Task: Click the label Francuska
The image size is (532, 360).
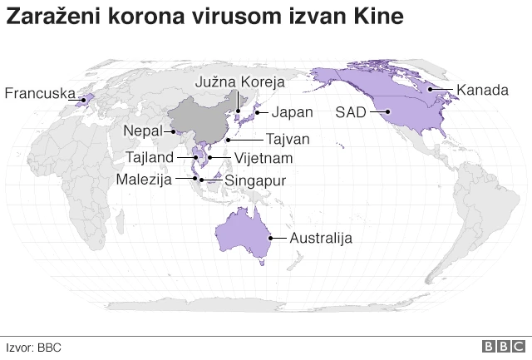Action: tap(39, 93)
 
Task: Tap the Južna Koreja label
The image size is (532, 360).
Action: tap(240, 81)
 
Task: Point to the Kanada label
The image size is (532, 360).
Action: tap(482, 90)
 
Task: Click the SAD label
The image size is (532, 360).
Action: tap(350, 112)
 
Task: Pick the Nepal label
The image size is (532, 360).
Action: tap(142, 131)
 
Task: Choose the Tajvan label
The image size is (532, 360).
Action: tap(288, 139)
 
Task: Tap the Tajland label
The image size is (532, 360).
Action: tap(150, 157)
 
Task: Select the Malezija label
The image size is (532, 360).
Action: tap(144, 178)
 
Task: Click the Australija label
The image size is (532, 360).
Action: tap(320, 239)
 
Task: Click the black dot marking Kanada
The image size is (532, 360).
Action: tap(431, 89)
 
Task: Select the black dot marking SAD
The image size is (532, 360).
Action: tap(388, 112)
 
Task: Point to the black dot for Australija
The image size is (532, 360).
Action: tap(268, 238)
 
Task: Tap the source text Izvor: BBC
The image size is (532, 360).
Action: tap(34, 348)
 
